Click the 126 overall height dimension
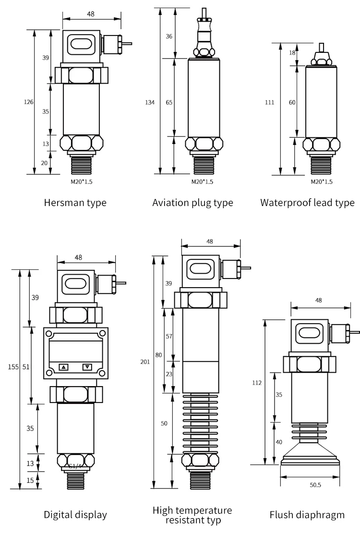click(x=29, y=102)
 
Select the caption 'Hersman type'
click(x=75, y=203)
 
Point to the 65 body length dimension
click(x=169, y=102)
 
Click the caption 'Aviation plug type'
click(x=192, y=203)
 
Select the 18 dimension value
click(x=292, y=53)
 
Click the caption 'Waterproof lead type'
click(x=307, y=203)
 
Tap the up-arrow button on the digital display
click(x=64, y=367)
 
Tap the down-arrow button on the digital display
click(x=87, y=367)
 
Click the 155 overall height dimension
click(x=13, y=367)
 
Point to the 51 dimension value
click(x=26, y=367)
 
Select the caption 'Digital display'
click(x=75, y=515)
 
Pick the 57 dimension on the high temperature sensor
click(x=169, y=336)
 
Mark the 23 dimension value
click(x=169, y=374)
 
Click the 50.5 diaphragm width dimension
click(x=315, y=485)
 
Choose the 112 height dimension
click(x=257, y=383)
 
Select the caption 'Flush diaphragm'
click(x=307, y=515)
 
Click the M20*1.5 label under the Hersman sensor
click(x=82, y=182)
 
